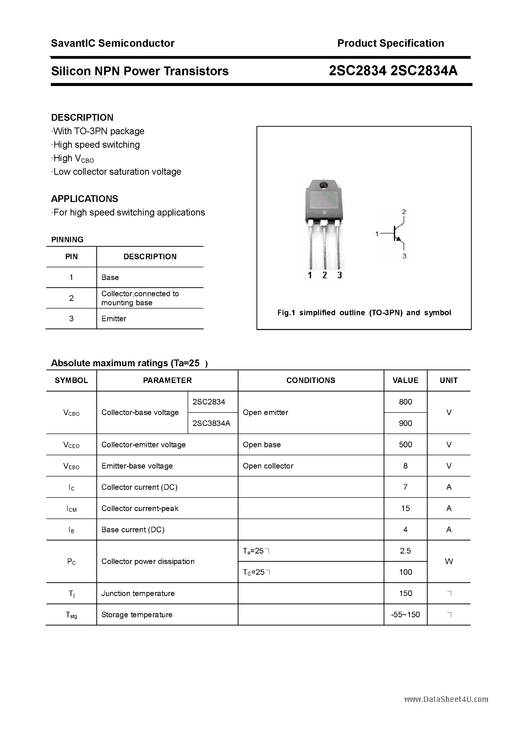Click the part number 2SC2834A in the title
424,71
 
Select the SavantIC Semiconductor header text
113,43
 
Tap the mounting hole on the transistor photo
324,185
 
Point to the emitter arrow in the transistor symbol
398,238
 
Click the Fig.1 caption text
364,313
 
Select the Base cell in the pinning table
110,277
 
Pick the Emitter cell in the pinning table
114,319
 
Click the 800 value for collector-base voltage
405,402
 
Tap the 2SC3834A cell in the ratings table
211,423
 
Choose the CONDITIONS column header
311,380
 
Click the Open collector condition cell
268,466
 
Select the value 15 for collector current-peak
405,508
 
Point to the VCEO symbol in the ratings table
71,445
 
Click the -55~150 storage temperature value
405,614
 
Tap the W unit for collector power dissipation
448,561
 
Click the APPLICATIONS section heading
85,199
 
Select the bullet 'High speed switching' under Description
96,145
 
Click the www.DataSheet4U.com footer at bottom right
446,699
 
